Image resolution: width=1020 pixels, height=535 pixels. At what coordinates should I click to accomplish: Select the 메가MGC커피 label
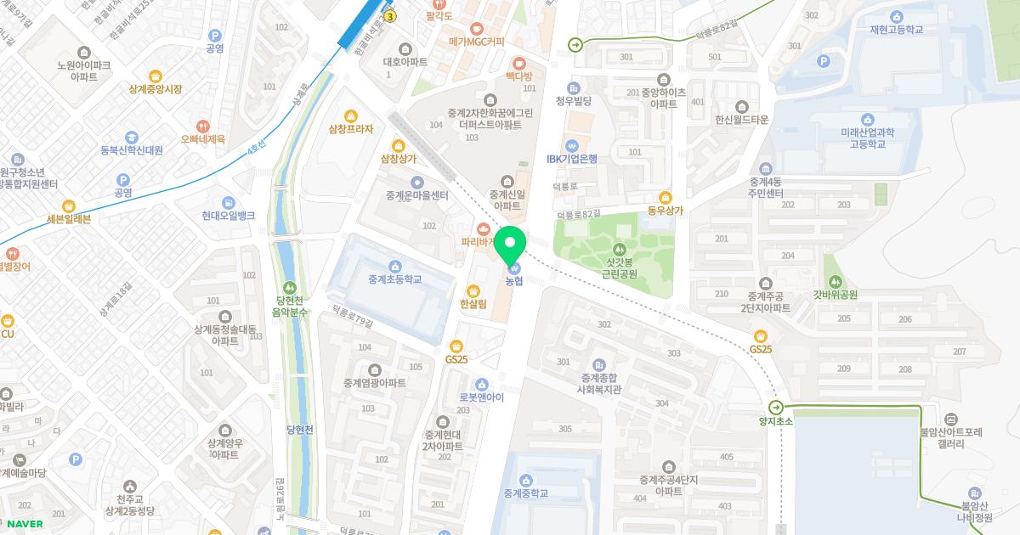click(x=477, y=42)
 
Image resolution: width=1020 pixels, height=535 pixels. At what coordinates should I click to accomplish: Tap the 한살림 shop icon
click(x=473, y=291)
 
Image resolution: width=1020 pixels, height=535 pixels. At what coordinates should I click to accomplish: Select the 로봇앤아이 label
click(x=482, y=397)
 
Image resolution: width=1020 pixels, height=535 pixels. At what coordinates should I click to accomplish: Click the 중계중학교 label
click(x=525, y=493)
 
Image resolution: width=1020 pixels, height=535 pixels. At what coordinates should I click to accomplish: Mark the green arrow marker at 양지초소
click(x=775, y=407)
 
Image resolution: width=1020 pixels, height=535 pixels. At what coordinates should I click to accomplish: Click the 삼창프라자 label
click(x=351, y=129)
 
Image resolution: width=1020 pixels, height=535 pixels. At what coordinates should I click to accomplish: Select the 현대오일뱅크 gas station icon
click(x=229, y=203)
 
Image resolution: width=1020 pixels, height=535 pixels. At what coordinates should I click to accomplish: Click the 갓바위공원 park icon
click(x=835, y=281)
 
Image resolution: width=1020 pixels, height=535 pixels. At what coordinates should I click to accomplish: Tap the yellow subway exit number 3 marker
click(x=390, y=16)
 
